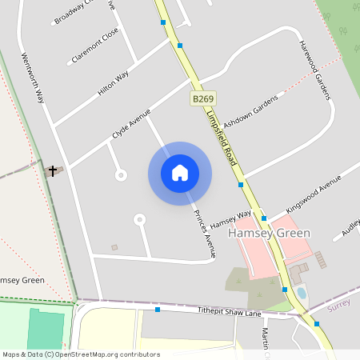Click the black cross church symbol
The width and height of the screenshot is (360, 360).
pyautogui.click(x=54, y=170)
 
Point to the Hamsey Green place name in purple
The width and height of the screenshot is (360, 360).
pyautogui.click(x=270, y=234)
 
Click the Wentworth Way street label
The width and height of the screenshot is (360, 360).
pyautogui.click(x=33, y=78)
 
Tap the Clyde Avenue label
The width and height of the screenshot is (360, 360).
pyautogui.click(x=131, y=124)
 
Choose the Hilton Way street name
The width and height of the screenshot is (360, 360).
pyautogui.click(x=113, y=84)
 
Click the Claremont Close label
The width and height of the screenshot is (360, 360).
pyautogui.click(x=94, y=46)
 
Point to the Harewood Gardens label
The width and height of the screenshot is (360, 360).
pyautogui.click(x=314, y=70)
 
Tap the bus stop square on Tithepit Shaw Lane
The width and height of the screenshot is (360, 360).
pyautogui.click(x=158, y=309)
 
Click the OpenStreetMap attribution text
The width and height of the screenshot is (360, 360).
pyautogui.click(x=81, y=354)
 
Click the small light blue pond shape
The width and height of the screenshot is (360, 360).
pyautogui.click(x=301, y=293)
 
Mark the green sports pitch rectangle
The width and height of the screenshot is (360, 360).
pyautogui.click(x=46, y=329)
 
